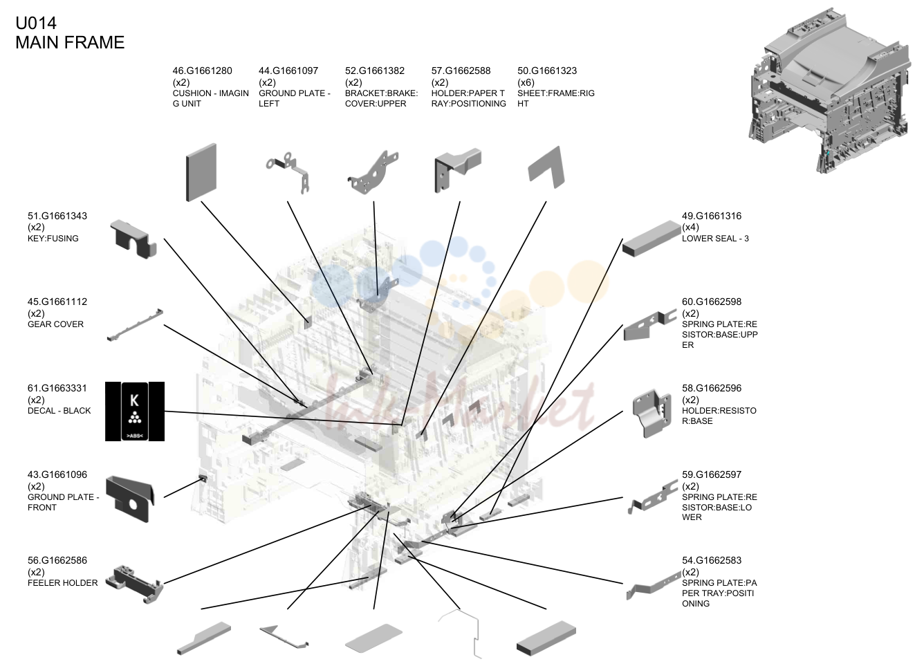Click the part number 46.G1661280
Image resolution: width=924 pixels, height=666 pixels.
(202, 71)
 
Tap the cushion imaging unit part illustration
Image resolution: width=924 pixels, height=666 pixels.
(201, 172)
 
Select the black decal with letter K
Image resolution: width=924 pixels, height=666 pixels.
(135, 411)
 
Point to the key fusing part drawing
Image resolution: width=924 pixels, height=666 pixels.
(133, 239)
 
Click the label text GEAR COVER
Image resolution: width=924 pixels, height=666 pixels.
(56, 324)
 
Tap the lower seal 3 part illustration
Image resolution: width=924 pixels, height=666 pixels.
(652, 239)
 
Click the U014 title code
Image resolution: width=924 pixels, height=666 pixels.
(36, 23)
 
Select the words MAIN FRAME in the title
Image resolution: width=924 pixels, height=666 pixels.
(70, 42)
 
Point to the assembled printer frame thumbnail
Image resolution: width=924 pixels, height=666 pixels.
(829, 91)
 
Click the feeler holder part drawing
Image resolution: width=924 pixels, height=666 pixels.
(134, 584)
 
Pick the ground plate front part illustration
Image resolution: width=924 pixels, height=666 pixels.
(130, 499)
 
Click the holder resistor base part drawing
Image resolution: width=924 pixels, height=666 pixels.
(652, 413)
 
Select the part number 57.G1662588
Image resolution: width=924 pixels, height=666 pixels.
(461, 71)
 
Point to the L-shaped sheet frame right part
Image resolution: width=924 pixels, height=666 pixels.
(546, 168)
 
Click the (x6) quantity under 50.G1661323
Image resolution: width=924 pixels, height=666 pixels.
(526, 82)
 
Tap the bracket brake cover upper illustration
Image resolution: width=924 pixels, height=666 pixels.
(373, 173)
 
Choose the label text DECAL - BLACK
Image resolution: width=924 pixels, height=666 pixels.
(59, 411)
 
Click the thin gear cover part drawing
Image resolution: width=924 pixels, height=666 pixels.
(135, 324)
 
